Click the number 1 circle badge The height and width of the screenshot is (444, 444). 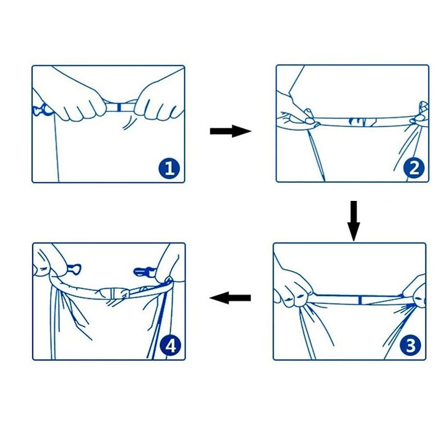(169, 168)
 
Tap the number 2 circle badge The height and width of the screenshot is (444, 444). (414, 168)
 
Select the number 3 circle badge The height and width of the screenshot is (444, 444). (411, 346)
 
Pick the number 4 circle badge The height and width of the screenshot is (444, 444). (170, 346)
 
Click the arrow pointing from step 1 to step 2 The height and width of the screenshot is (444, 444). (231, 131)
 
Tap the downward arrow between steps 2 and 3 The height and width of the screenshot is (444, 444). (353, 221)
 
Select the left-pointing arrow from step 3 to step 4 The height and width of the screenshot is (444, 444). (230, 298)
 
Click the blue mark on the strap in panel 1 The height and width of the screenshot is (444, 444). (119, 107)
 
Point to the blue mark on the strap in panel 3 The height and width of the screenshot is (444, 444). (360, 300)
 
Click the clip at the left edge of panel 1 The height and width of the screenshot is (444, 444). (42, 110)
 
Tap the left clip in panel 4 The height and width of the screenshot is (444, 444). (74, 268)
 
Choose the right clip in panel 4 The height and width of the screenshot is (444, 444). (144, 272)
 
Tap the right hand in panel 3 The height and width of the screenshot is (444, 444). (414, 291)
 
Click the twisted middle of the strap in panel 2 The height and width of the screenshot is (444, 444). (362, 122)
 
